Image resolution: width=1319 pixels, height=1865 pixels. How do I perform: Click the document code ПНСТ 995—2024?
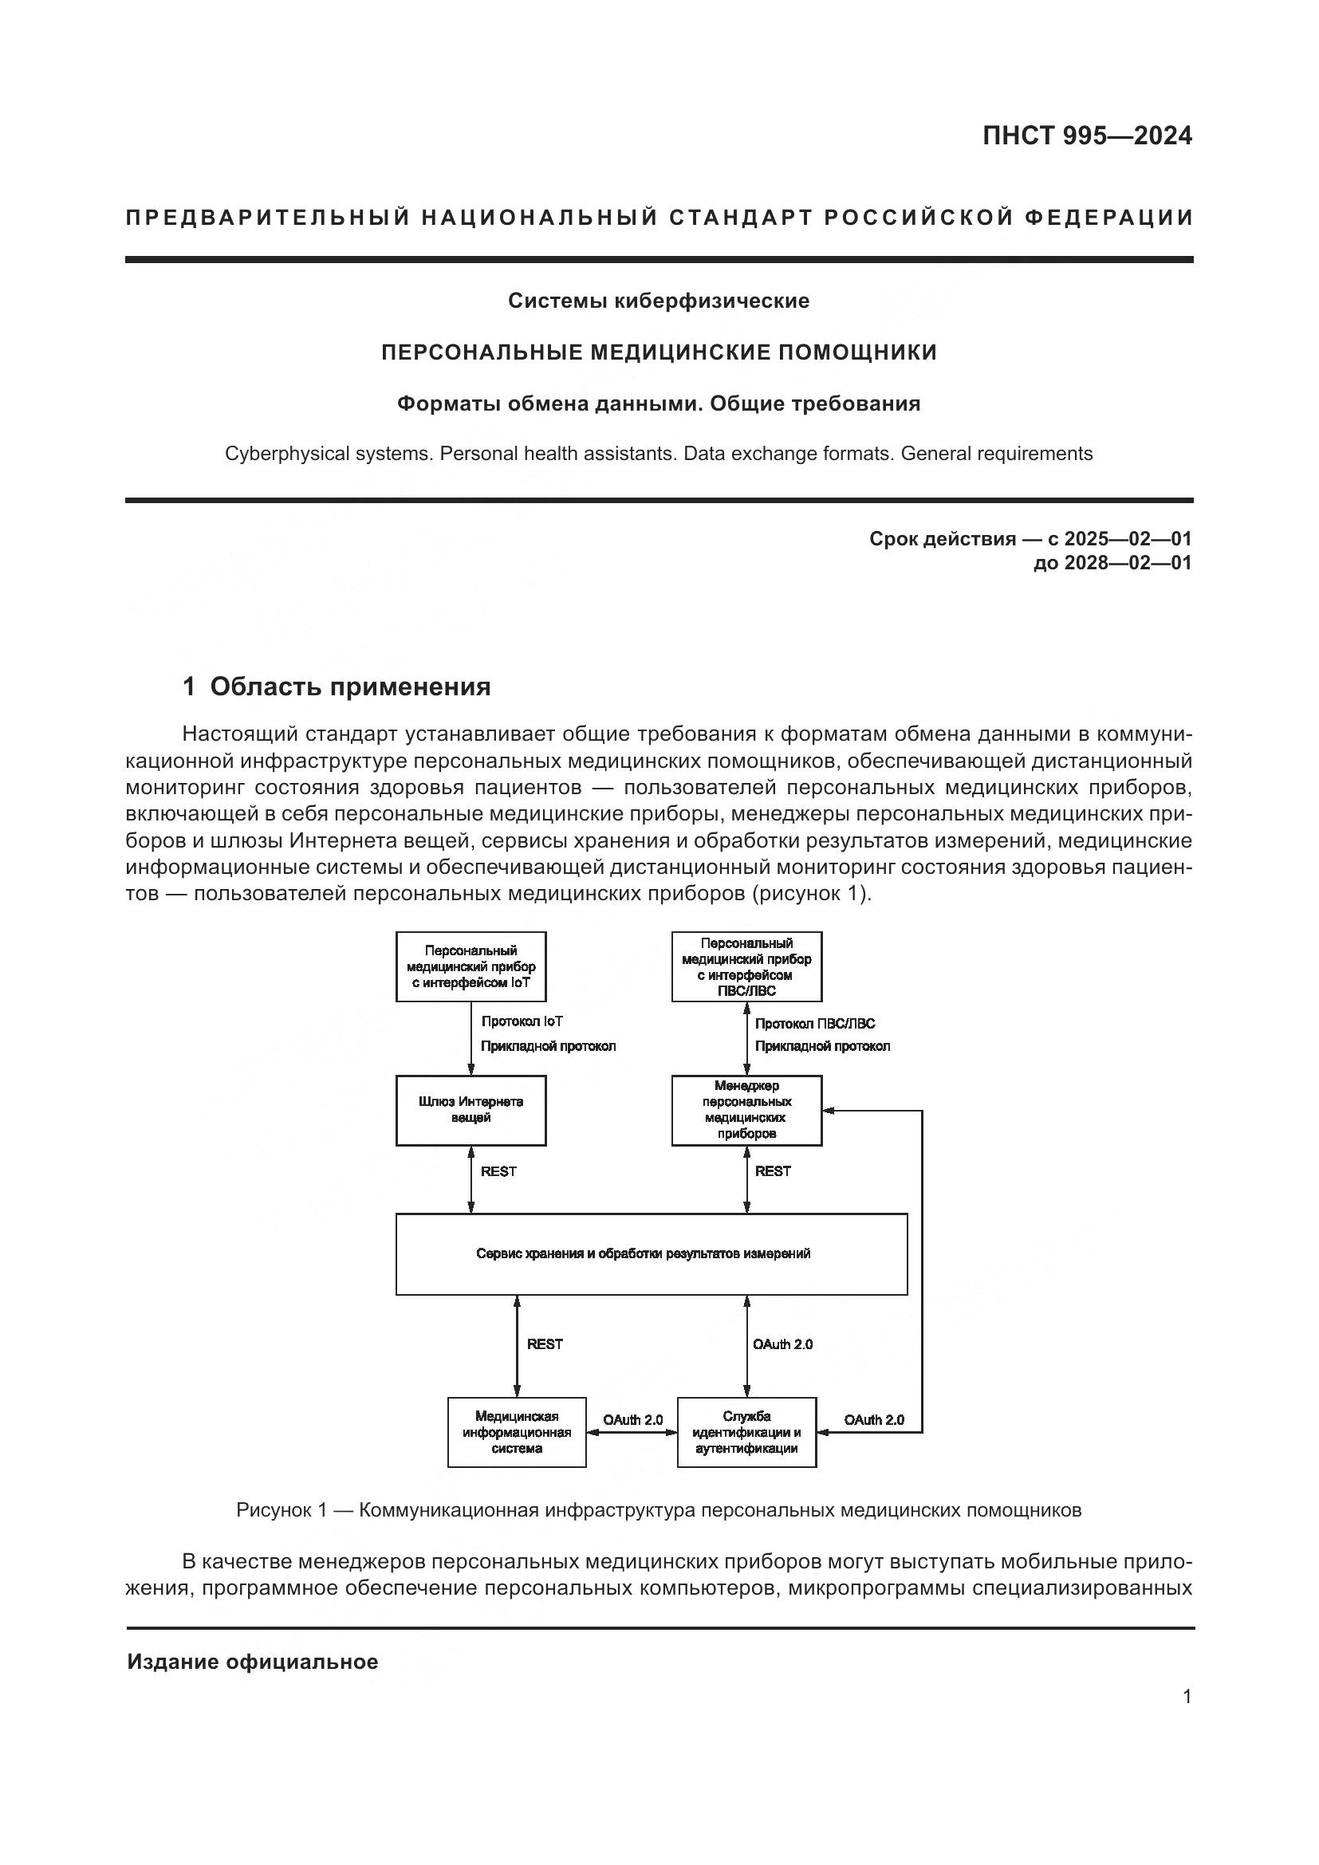pos(1087,136)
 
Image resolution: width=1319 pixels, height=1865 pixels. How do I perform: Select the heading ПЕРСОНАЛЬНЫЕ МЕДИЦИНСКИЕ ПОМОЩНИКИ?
pos(659,352)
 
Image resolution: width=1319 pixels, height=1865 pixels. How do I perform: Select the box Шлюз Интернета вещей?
pos(471,1111)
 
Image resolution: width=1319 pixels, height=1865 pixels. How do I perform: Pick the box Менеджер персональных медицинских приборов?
pos(746,1110)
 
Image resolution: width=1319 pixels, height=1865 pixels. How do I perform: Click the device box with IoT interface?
pos(471,966)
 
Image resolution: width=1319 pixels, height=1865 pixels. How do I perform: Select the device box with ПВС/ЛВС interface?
pos(746,966)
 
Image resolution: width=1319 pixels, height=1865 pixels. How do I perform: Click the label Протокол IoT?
pos(522,1022)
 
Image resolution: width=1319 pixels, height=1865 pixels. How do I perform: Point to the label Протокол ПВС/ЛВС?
pos(815,1025)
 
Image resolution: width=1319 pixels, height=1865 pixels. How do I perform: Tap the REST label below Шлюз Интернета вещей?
pos(498,1171)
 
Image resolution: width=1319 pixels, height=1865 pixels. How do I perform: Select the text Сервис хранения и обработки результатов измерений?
pos(643,1253)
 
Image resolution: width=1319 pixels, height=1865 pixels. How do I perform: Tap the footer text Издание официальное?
pos(252,1662)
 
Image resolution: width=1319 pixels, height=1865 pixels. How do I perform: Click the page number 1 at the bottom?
pos(1187,1696)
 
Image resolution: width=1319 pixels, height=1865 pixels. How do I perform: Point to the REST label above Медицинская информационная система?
pos(544,1344)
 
